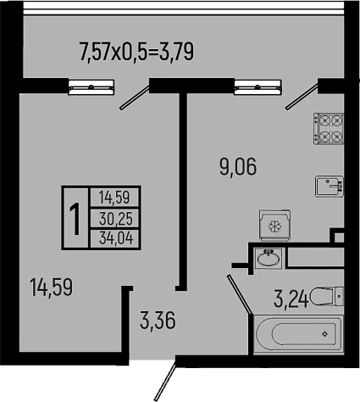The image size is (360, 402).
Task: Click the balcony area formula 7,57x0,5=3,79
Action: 137,52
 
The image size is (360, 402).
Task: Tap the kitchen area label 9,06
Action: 238,167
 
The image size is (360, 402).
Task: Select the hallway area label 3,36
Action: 158,321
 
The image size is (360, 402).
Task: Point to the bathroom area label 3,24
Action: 291,299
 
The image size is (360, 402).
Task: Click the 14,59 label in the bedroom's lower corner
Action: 51,288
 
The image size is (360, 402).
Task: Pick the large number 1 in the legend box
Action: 75,218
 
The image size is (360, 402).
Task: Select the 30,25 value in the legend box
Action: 116,219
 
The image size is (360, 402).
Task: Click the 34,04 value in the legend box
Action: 116,239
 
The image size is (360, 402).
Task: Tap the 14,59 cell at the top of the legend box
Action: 114,198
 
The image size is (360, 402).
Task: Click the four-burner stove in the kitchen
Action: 329,129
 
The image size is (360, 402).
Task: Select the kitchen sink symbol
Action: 330,187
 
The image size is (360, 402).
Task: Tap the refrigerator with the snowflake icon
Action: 274,226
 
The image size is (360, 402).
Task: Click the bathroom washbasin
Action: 269,258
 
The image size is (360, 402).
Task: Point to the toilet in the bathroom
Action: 327,296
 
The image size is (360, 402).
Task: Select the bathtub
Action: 298,334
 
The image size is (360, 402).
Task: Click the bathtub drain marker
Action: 325,334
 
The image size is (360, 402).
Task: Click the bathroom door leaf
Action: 240,294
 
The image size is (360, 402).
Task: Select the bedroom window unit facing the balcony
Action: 91,87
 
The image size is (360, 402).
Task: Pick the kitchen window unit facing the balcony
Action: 258,87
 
